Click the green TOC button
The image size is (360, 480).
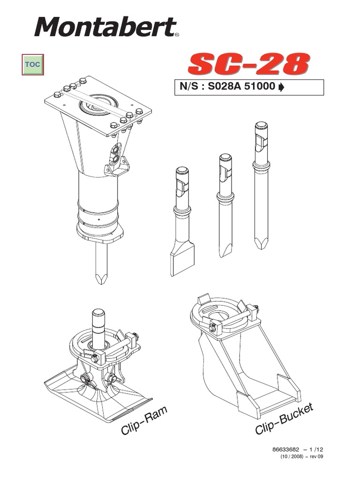33,65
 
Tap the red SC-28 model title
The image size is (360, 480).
248,64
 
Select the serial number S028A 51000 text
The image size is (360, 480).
241,86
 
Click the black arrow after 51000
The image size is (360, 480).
281,87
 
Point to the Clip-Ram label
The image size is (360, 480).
144,420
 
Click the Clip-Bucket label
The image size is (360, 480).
285,418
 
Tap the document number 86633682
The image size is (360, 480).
285,450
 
